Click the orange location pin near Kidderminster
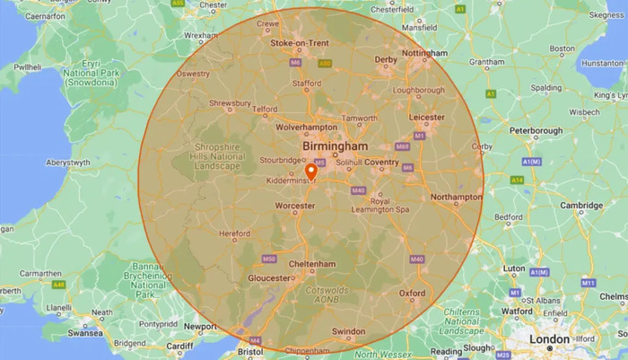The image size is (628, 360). click(x=311, y=171)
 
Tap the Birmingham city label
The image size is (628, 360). click(x=336, y=146)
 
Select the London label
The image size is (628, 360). click(x=549, y=338)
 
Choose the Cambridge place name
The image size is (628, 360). click(x=581, y=206)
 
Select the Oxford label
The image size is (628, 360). click(x=413, y=293)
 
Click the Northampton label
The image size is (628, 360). click(x=456, y=197)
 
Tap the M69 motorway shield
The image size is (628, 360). click(x=403, y=146)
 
